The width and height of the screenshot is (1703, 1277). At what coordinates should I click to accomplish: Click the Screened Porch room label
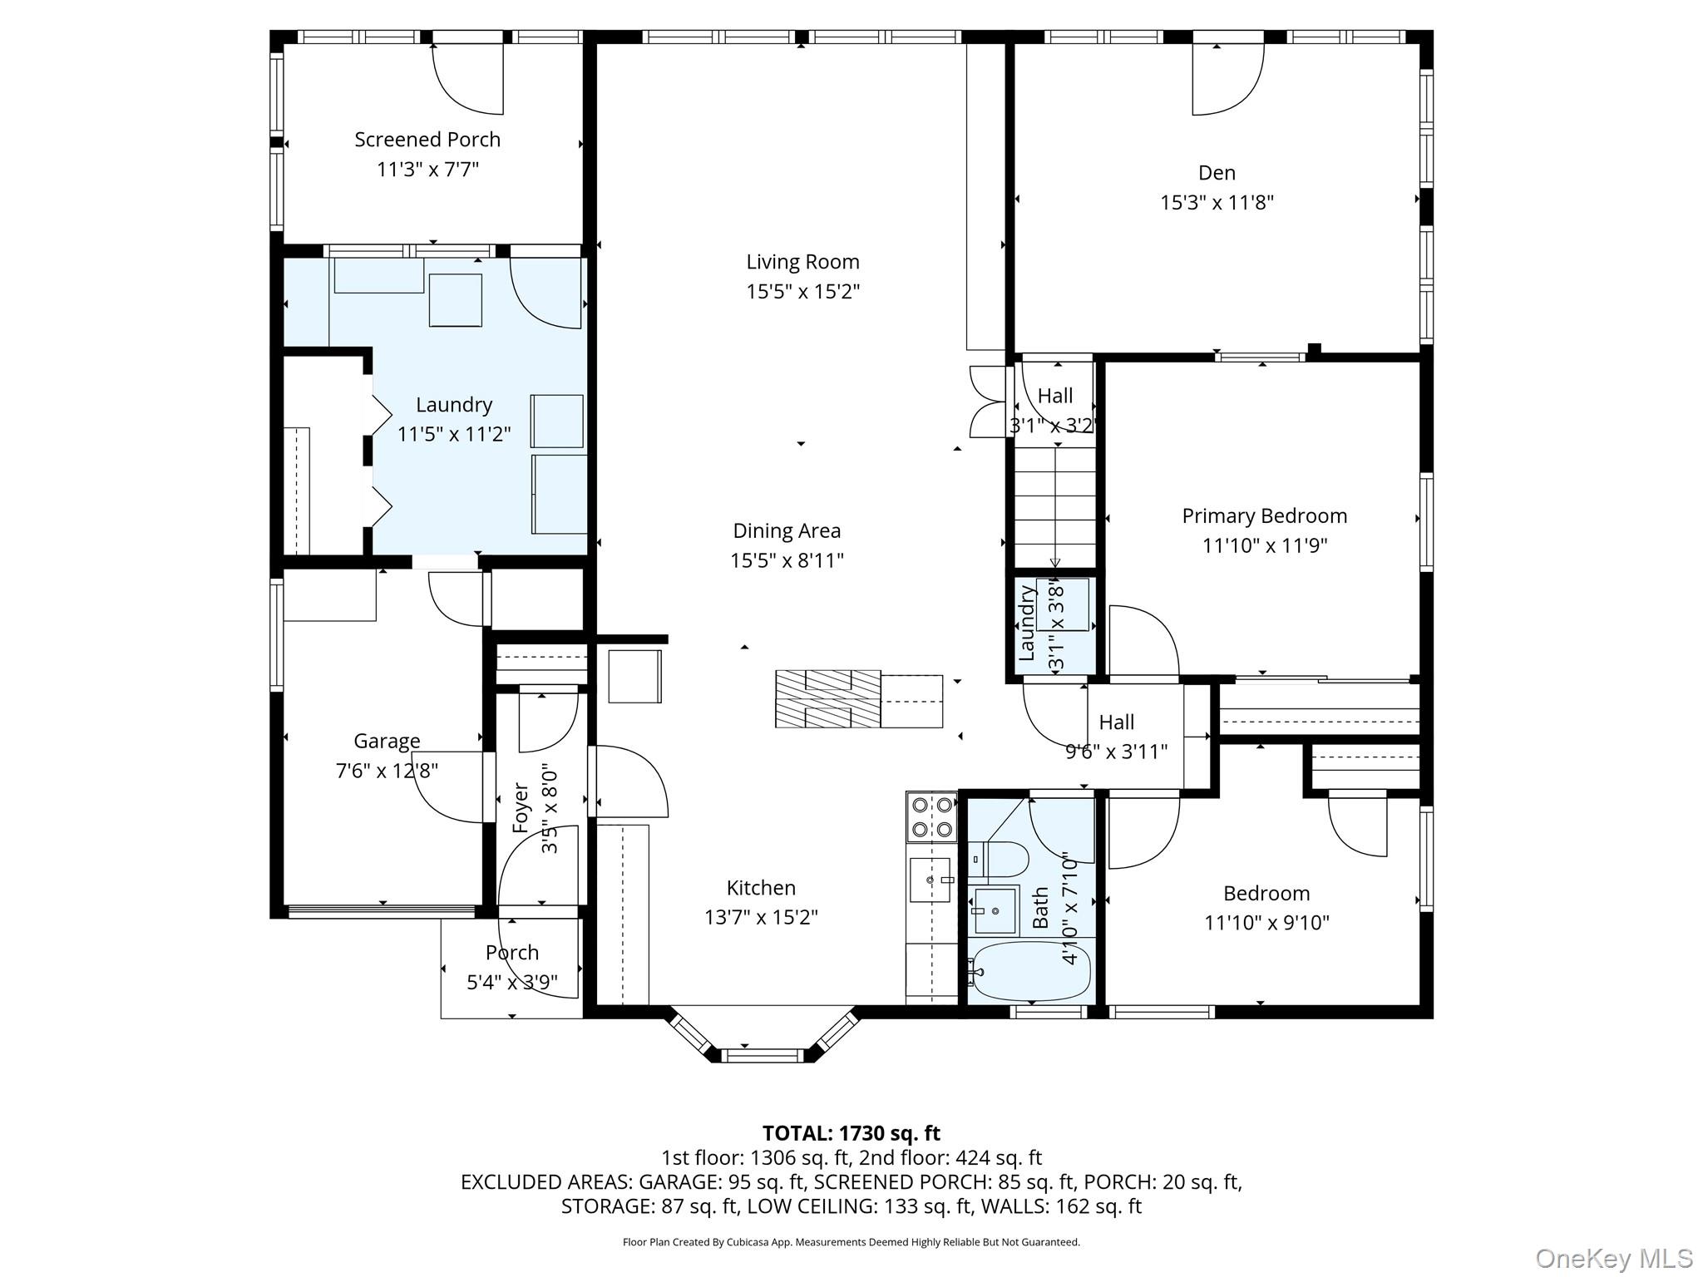pos(427,140)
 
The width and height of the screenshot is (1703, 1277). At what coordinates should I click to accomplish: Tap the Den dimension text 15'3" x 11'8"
pos(1217,202)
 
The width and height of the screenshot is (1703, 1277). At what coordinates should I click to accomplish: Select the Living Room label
pos(802,262)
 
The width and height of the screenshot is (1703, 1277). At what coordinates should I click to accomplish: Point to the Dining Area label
pos(787,530)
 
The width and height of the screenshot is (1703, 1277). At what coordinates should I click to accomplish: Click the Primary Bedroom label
pos(1264,515)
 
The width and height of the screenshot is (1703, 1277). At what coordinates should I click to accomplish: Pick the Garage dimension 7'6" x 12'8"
pos(387,771)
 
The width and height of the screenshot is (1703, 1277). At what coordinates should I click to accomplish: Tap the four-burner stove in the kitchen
pos(931,816)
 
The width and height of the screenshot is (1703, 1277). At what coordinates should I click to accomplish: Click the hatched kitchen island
pos(859,698)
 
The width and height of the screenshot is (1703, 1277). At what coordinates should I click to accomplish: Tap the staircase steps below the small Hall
pos(1054,508)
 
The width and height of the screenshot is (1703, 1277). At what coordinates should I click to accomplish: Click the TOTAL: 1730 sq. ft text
pos(851,1133)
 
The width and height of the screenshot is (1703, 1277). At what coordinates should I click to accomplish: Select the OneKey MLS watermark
pos(1614,1259)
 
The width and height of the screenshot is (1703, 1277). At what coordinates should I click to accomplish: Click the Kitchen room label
pos(761,888)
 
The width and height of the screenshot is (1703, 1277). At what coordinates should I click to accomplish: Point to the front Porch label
pos(512,953)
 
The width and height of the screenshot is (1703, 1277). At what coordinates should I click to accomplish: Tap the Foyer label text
pos(521,808)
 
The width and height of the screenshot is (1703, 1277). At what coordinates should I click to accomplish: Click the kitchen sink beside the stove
pos(930,880)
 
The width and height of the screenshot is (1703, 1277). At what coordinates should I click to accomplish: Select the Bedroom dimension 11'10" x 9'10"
pos(1266,923)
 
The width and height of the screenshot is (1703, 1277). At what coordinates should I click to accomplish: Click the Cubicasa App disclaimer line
pos(851,1242)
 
